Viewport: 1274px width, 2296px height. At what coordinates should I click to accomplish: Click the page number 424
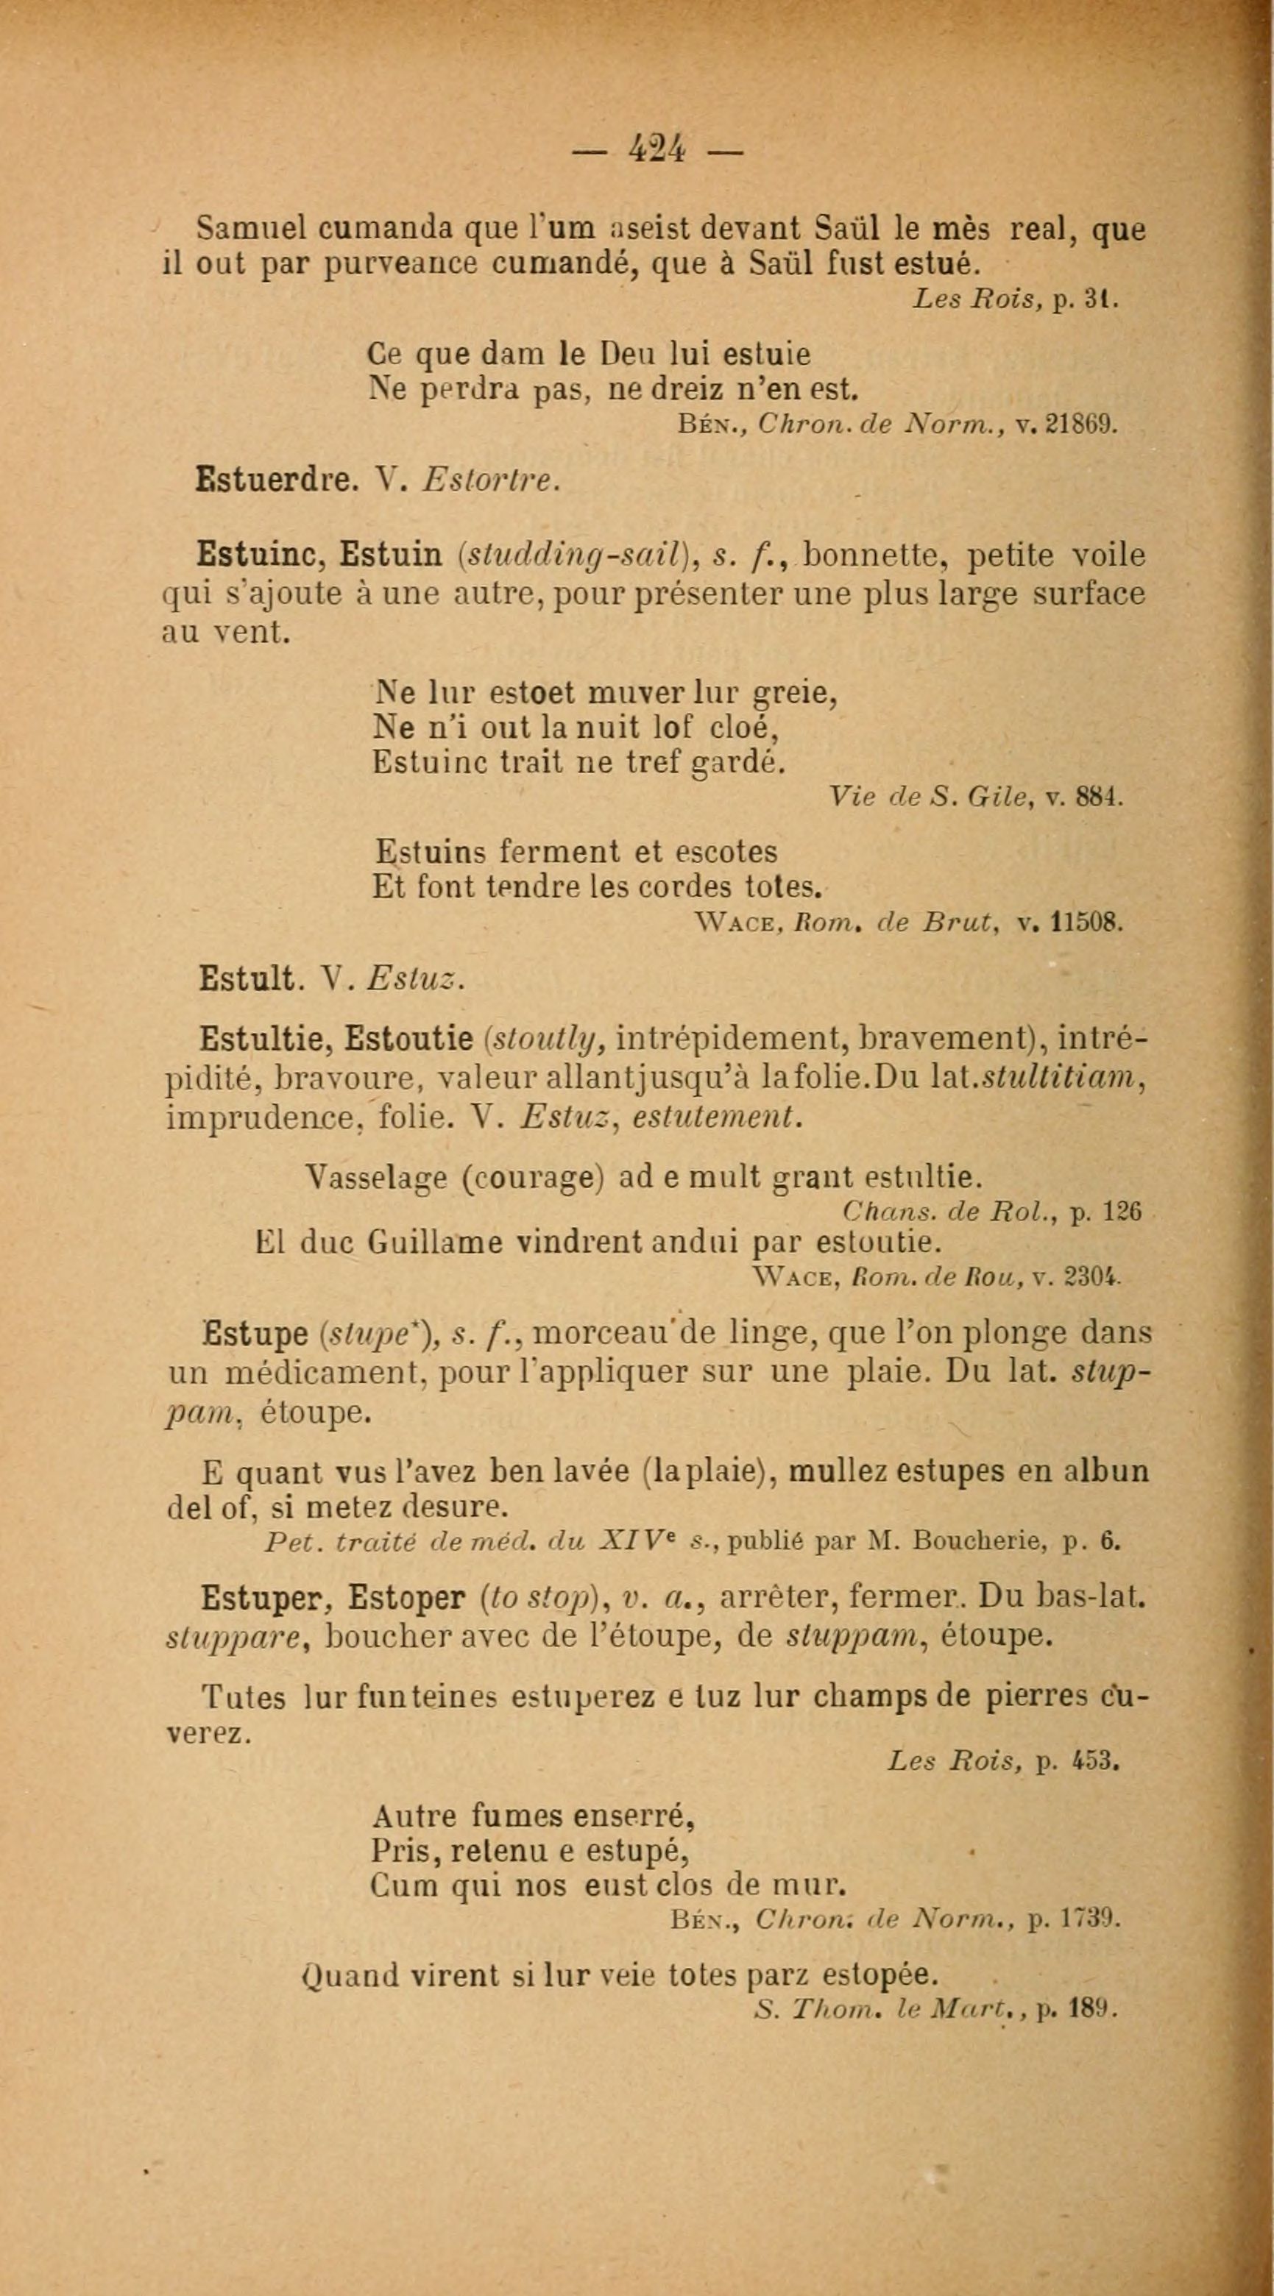pyautogui.click(x=657, y=147)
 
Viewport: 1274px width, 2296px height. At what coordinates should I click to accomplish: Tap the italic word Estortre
pyautogui.click(x=491, y=481)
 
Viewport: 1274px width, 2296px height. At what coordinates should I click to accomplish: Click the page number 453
pyautogui.click(x=1096, y=1761)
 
